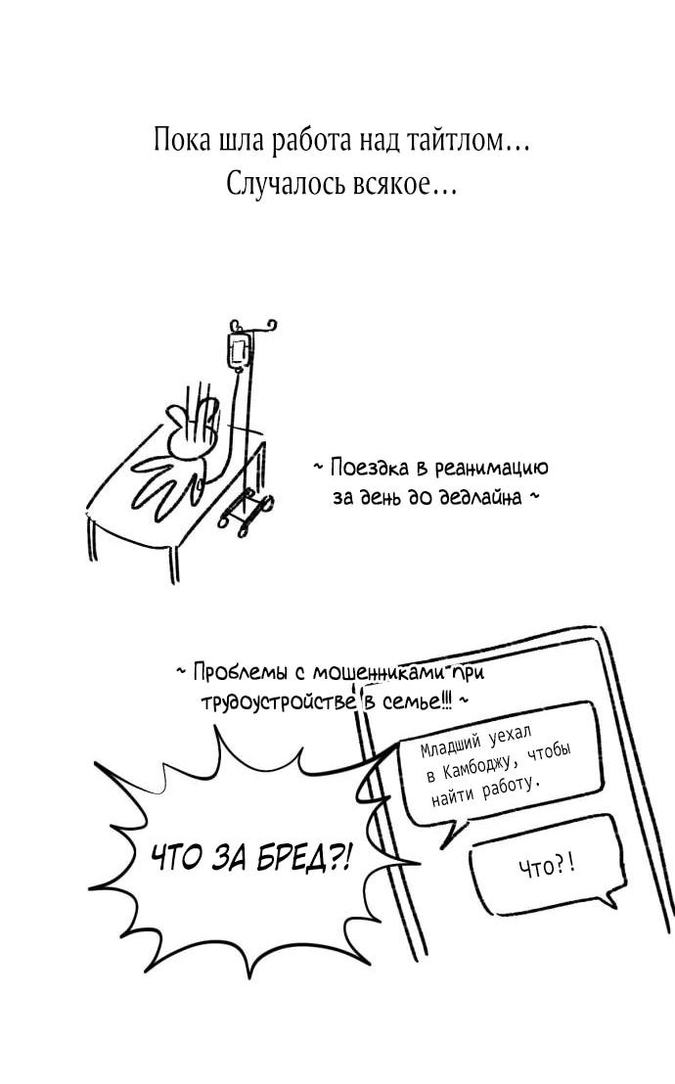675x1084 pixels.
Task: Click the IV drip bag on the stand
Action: [x=236, y=351]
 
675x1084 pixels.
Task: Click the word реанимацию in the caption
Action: [x=491, y=469]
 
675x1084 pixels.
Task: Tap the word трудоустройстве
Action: [x=277, y=702]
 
